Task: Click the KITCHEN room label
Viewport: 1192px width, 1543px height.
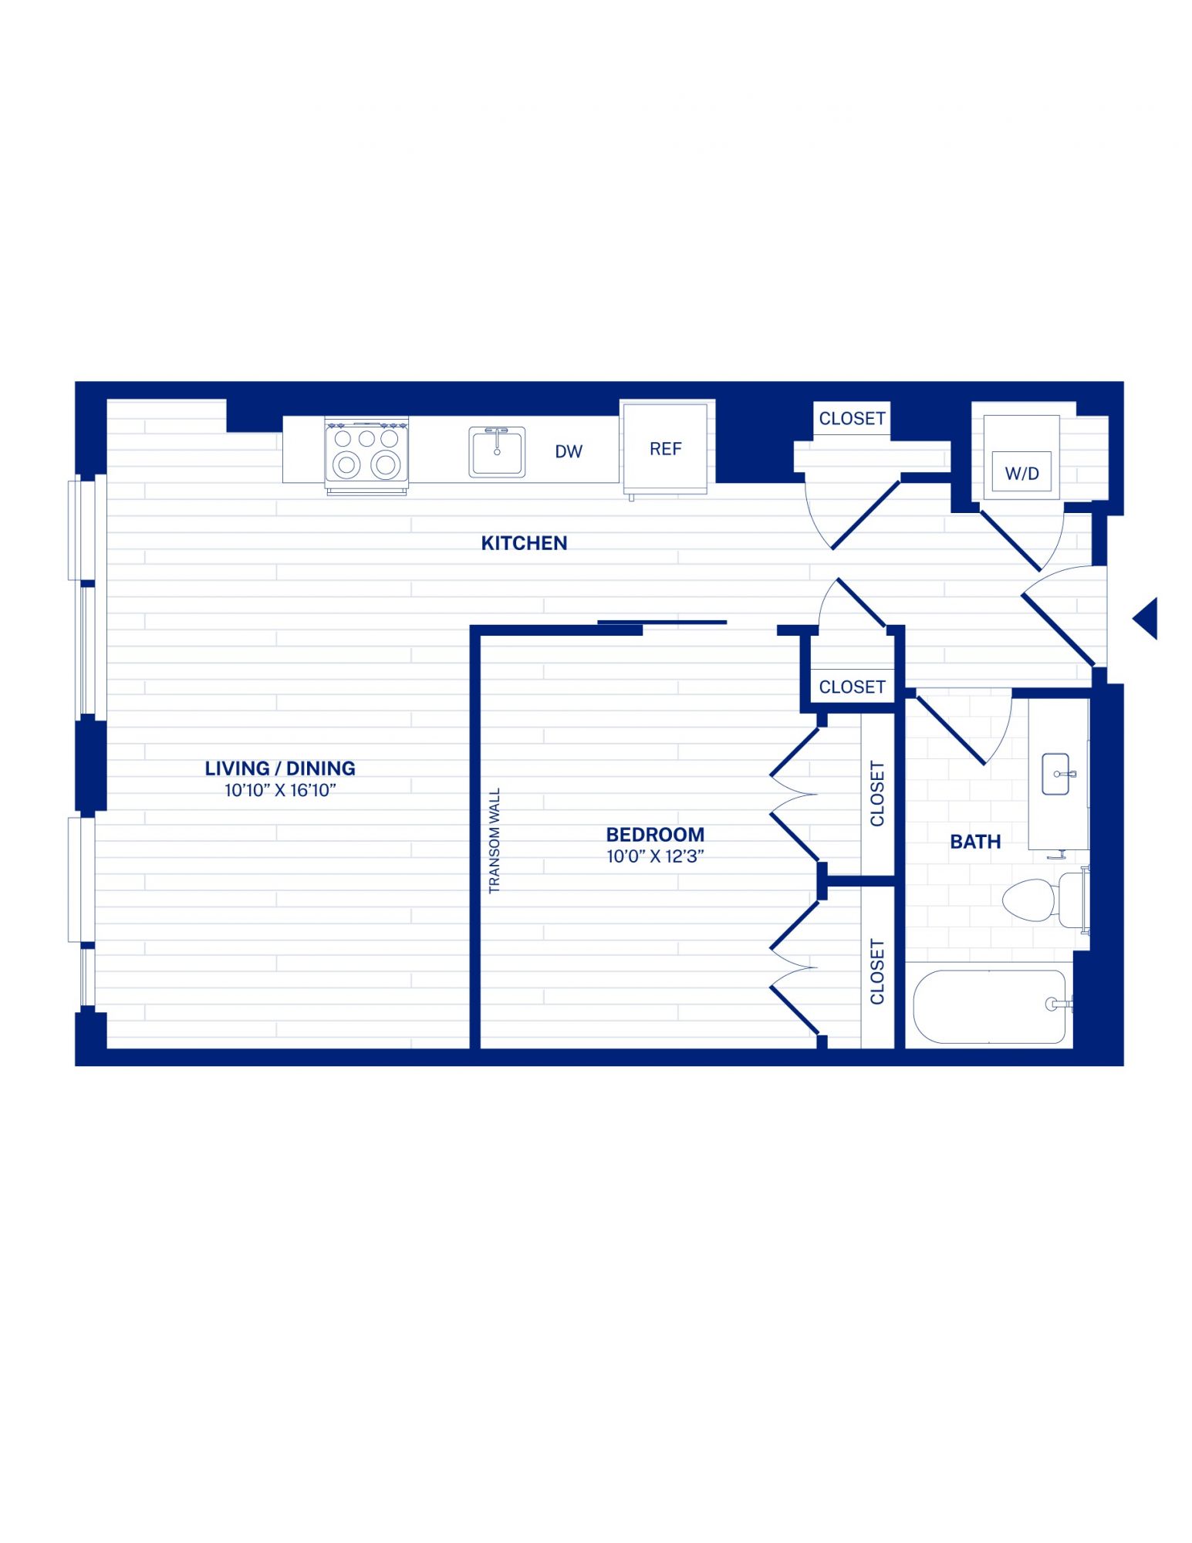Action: click(x=524, y=543)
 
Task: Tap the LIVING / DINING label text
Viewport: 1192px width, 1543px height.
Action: click(x=280, y=768)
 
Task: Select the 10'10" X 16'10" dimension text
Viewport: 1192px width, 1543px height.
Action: click(x=280, y=790)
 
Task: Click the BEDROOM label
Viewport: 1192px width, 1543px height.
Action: click(x=655, y=835)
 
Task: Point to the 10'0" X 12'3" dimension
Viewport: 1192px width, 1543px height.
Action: click(x=655, y=856)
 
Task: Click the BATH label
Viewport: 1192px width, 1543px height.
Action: click(x=975, y=842)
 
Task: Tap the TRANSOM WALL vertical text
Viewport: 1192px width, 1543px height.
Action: click(x=495, y=840)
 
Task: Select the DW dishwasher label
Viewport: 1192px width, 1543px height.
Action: click(x=569, y=452)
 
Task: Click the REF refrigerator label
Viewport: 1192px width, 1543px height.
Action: click(x=665, y=449)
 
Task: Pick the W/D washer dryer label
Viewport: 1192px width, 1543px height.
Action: click(x=1021, y=474)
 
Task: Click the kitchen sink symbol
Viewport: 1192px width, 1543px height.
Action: click(x=497, y=452)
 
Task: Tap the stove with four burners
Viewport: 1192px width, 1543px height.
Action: click(x=366, y=456)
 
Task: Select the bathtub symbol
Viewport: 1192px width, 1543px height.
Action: click(x=990, y=1006)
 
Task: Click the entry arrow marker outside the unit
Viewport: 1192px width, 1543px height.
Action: click(x=1146, y=618)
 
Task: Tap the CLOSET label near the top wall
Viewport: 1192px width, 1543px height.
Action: click(x=852, y=418)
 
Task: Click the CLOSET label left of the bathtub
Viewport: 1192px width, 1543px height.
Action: click(x=877, y=971)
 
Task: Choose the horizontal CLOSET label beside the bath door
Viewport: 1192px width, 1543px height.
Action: click(x=852, y=687)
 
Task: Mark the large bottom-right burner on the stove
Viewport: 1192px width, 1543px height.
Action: click(x=385, y=464)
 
